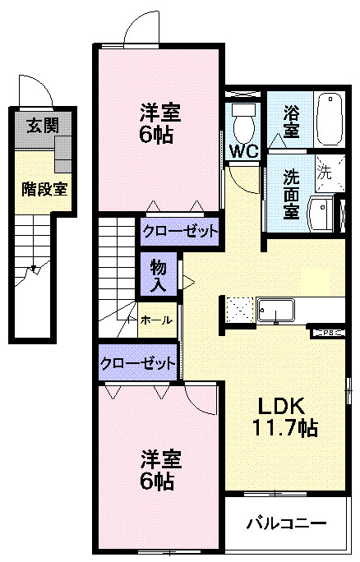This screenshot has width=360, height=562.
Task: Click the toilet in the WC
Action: (x=243, y=124)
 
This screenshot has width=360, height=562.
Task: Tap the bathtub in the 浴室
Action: (x=330, y=118)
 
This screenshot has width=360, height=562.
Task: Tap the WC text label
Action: (x=244, y=151)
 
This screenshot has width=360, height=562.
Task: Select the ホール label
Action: (x=156, y=320)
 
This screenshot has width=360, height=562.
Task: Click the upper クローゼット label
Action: (x=180, y=231)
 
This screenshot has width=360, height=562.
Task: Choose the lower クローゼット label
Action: (x=138, y=362)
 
